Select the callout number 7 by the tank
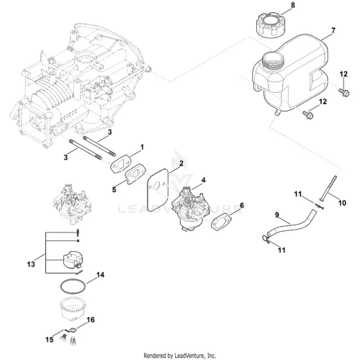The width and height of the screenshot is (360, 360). click(x=333, y=31)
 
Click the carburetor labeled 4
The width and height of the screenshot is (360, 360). click(x=191, y=209)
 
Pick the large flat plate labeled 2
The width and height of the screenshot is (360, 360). click(x=158, y=190)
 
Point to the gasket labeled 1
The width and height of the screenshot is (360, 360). click(x=120, y=163)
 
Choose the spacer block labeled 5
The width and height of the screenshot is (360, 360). click(x=136, y=174)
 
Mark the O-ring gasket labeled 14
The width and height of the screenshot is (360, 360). click(x=73, y=286)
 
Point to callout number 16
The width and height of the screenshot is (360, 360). click(x=91, y=320)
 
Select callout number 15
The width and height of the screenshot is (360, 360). click(x=49, y=340)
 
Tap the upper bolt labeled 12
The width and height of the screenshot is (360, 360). click(x=344, y=92)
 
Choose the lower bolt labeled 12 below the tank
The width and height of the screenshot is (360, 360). click(x=308, y=114)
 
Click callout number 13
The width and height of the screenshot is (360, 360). click(x=31, y=264)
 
